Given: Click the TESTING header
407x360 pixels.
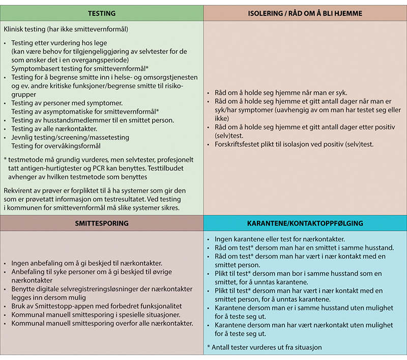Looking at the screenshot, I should [x=102, y=13].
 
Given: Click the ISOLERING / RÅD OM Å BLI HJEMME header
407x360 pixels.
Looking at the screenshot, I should [x=305, y=13].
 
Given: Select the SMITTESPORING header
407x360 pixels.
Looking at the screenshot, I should [x=102, y=223].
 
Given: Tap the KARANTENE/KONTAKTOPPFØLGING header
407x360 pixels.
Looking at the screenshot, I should [x=305, y=223].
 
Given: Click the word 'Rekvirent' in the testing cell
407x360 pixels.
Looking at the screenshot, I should [x=19, y=189].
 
